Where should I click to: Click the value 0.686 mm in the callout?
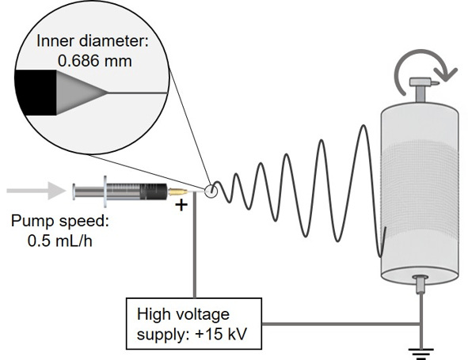coord(94,61)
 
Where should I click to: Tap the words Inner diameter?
coord(91,40)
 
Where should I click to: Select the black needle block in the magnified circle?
coord(36,93)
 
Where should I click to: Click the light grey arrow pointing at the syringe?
coord(36,191)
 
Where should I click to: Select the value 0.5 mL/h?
coord(59,241)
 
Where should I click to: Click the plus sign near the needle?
coord(181,205)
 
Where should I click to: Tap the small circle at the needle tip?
coord(211,191)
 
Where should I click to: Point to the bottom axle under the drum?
coord(420,284)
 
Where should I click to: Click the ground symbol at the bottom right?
coord(421,354)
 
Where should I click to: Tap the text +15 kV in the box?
coord(221,333)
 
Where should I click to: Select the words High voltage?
coord(183,314)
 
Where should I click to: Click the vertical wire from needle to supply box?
coord(195,244)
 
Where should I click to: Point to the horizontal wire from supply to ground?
coord(341,324)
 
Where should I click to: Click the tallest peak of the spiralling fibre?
coord(363,126)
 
